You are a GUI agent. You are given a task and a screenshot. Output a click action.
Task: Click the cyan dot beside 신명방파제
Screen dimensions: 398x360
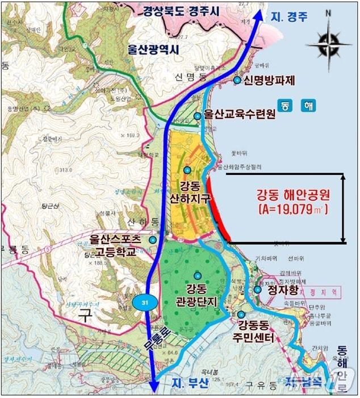[237, 80]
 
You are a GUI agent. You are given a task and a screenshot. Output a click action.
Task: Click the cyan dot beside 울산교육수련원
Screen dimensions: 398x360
[197, 116]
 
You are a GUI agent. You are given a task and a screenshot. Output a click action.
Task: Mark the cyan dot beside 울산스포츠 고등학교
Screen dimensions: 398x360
[152, 240]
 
